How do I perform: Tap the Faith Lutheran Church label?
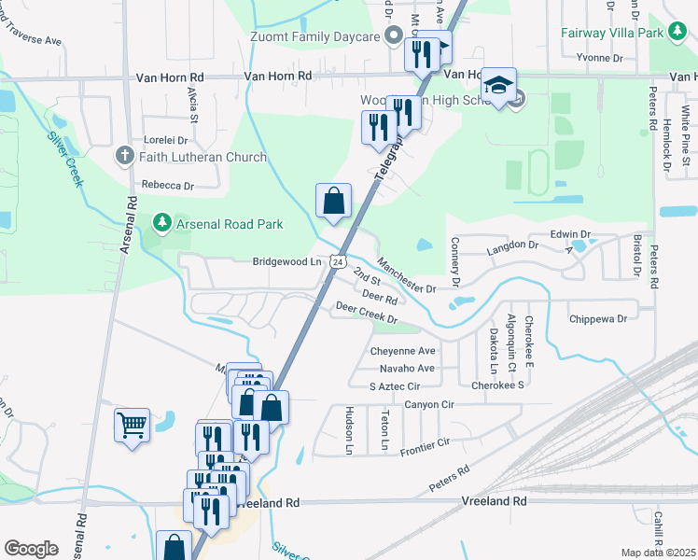(202, 157)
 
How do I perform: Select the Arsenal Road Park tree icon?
(162, 222)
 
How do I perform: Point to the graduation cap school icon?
(499, 85)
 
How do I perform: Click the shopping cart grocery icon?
(132, 426)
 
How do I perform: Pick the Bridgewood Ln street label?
(286, 262)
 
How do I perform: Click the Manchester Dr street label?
(406, 275)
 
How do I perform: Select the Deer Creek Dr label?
(367, 313)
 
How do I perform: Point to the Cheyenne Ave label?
(403, 351)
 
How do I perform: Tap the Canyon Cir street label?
(429, 404)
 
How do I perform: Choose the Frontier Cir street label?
(425, 446)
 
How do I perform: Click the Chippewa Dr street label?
(598, 319)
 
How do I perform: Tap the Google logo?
(31, 549)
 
